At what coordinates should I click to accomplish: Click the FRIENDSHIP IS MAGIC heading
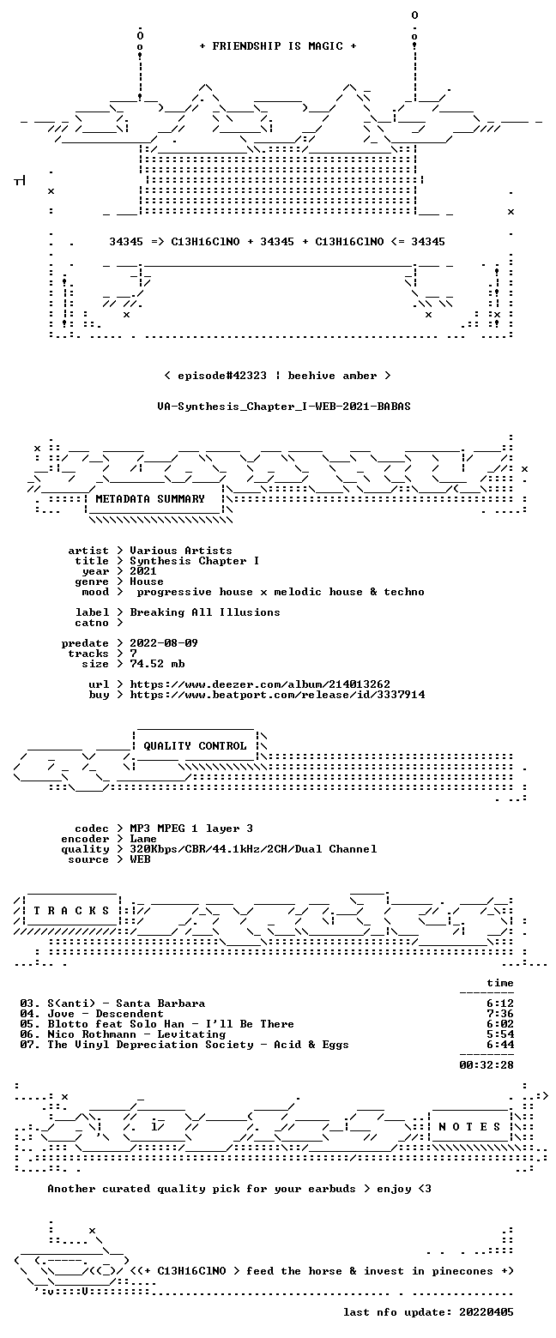[x=278, y=46]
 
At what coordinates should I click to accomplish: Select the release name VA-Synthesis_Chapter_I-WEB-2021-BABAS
[x=284, y=407]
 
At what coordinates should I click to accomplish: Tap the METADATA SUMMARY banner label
[x=150, y=499]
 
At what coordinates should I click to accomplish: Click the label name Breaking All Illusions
[x=205, y=612]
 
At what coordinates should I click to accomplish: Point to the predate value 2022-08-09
[x=164, y=643]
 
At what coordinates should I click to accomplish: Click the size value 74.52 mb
[x=157, y=664]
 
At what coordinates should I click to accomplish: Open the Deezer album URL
[x=260, y=684]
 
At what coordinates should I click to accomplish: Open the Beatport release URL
[x=277, y=695]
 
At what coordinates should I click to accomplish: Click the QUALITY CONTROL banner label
[x=195, y=746]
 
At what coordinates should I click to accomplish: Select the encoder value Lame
[x=143, y=839]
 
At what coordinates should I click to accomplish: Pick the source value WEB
[x=140, y=859]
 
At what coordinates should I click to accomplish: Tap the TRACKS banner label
[x=72, y=911]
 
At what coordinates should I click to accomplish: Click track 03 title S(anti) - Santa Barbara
[x=126, y=1003]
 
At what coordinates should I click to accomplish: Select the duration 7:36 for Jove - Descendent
[x=500, y=1014]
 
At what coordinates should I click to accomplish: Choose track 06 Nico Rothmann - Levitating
[x=137, y=1034]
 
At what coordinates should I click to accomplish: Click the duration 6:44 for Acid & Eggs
[x=500, y=1045]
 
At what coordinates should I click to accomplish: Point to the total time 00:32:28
[x=486, y=1065]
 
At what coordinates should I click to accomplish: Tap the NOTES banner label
[x=469, y=1127]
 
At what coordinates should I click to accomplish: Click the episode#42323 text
[x=222, y=376]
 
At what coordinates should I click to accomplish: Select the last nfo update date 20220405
[x=486, y=1312]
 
